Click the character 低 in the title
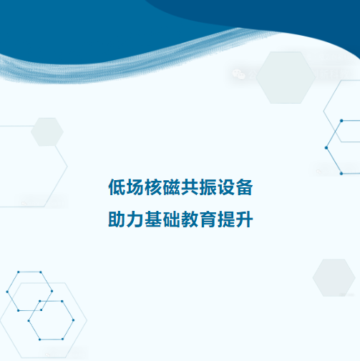[x=117, y=187]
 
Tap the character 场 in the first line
[x=135, y=187]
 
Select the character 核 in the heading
[x=153, y=187]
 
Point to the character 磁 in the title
[x=172, y=187]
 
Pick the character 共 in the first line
[x=190, y=187]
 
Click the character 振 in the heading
[x=208, y=187]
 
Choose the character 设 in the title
[x=226, y=187]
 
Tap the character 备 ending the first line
[x=244, y=187]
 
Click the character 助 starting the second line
[x=117, y=219]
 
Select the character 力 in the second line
[x=135, y=219]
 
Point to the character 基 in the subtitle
[x=153, y=219]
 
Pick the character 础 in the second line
[x=172, y=219]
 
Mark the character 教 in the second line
[x=190, y=219]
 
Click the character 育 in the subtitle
[x=208, y=219]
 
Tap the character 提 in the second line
[x=226, y=219]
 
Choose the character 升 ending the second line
[x=244, y=219]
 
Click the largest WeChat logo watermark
[x=239, y=74]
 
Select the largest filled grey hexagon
[x=286, y=78]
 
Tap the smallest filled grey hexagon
[x=47, y=132]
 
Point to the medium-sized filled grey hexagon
[x=334, y=278]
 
